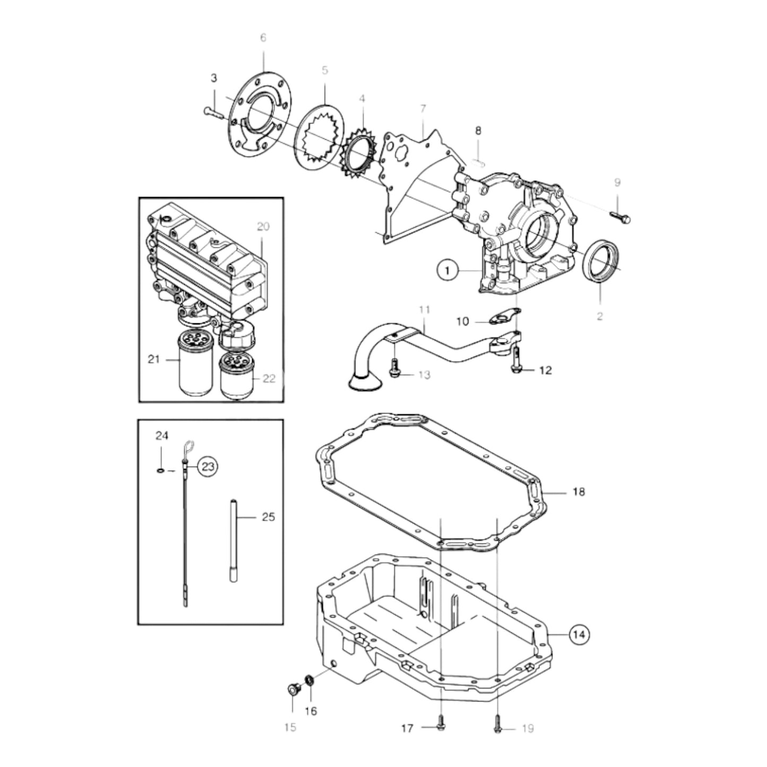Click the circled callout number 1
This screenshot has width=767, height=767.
pyautogui.click(x=447, y=271)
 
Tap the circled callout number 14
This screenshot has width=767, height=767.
pyautogui.click(x=580, y=634)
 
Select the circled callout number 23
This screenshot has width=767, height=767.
pyautogui.click(x=208, y=467)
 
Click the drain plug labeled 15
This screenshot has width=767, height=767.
pyautogui.click(x=292, y=690)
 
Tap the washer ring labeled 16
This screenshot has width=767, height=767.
pyautogui.click(x=309, y=680)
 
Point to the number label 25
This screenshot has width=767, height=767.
pyautogui.click(x=269, y=516)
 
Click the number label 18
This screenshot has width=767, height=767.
pyautogui.click(x=579, y=492)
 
